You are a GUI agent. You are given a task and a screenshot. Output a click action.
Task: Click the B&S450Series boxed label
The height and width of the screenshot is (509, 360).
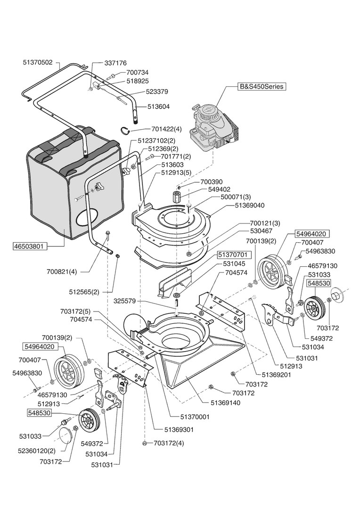click(x=262, y=87)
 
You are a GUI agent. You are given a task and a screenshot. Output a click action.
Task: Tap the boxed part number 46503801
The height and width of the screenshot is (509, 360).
click(x=31, y=246)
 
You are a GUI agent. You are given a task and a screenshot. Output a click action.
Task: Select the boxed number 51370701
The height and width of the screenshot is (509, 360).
click(x=234, y=255)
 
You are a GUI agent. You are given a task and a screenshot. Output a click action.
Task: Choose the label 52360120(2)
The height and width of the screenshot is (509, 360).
click(x=37, y=451)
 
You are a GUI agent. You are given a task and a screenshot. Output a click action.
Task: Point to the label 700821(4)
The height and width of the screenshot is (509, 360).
click(x=62, y=271)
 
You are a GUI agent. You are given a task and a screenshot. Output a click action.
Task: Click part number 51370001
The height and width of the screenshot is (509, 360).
click(x=195, y=417)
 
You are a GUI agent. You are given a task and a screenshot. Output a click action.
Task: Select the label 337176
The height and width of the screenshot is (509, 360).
click(x=115, y=63)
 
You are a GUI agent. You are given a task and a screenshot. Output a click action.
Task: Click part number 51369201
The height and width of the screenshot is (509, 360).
click(x=278, y=375)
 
